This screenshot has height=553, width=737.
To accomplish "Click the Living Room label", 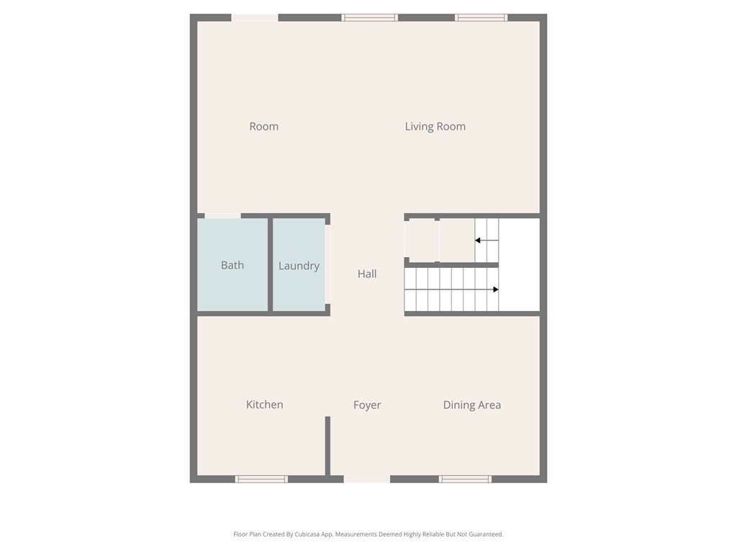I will [x=435, y=127].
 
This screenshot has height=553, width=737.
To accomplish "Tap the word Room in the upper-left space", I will [x=263, y=127].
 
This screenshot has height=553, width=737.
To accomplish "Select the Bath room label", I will [x=232, y=265].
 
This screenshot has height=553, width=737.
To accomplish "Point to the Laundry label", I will [x=299, y=266].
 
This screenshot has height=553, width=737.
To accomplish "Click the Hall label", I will [x=367, y=274].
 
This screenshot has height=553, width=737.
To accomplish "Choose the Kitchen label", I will [x=264, y=405].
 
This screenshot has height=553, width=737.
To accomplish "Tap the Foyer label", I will [x=367, y=405].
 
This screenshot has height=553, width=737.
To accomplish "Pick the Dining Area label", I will [x=471, y=405].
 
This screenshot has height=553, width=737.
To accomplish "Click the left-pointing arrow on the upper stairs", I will [x=478, y=240].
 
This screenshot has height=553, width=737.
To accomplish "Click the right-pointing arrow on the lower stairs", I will [x=495, y=289].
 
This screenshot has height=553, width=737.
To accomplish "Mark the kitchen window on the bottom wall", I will [x=261, y=479].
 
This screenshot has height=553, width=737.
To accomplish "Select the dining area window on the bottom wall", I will [x=465, y=479].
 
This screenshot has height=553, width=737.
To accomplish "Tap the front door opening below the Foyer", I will [x=367, y=479].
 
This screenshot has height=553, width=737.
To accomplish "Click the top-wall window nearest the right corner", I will [x=481, y=17].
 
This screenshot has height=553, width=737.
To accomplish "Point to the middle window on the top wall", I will [x=369, y=17].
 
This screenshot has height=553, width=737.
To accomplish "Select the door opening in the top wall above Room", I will [x=255, y=17].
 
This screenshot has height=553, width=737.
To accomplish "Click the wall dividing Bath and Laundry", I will [x=271, y=265].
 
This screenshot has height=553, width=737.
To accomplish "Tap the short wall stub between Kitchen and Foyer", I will [x=327, y=446].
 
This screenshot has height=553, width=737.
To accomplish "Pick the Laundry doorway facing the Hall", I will [x=328, y=265].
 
